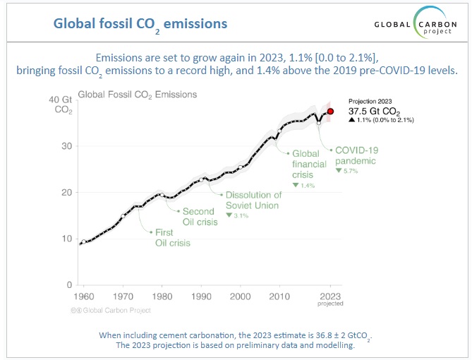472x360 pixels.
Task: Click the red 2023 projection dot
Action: tap(330, 112)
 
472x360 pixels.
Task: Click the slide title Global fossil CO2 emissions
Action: tap(140, 24)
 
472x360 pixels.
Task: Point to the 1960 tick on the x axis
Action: tap(85, 295)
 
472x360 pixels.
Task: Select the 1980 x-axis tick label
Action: tap(162, 295)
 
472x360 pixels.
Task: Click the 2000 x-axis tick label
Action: tap(241, 295)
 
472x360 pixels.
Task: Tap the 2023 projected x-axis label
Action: tap(330, 299)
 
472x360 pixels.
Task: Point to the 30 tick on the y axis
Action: tap(64, 146)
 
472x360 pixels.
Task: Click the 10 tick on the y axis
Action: tap(64, 239)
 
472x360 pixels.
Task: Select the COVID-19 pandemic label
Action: tap(358, 155)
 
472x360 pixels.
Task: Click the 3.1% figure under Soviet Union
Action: tap(237, 215)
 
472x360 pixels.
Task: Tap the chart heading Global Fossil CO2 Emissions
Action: tap(137, 94)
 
